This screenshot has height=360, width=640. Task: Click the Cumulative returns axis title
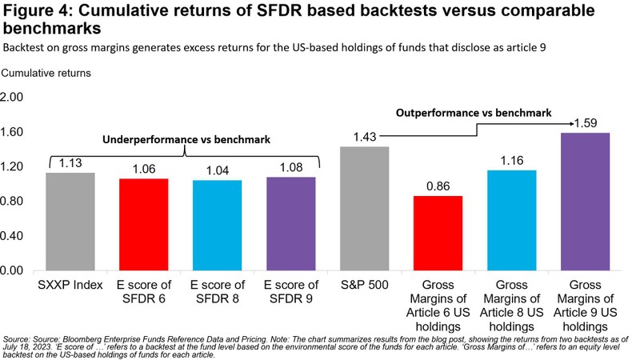[47, 72]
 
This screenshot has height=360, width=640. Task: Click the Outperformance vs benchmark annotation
[474, 114]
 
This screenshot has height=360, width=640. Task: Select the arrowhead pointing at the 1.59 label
[573, 123]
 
